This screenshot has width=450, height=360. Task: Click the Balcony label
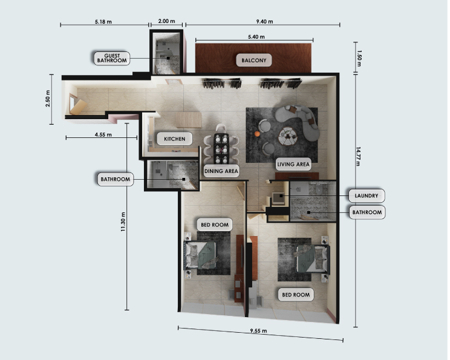(254, 61)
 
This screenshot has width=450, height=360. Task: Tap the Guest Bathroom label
(112, 58)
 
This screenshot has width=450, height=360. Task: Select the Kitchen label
(174, 139)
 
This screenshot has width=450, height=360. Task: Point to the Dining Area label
(221, 171)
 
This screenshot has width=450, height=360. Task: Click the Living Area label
(293, 164)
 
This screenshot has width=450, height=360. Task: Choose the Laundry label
(367, 196)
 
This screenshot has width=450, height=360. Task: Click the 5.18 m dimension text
(103, 22)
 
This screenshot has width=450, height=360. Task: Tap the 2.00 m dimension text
(166, 21)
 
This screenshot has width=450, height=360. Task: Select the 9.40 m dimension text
(264, 22)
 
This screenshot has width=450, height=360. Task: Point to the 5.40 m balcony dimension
(256, 37)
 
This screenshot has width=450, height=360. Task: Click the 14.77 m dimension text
(358, 157)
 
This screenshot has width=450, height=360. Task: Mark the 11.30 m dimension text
(123, 222)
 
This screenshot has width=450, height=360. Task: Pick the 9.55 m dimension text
(258, 331)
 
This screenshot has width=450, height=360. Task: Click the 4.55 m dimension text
(103, 134)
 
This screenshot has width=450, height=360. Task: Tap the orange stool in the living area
(257, 134)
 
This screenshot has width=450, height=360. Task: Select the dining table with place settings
(221, 148)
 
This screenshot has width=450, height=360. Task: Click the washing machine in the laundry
(278, 198)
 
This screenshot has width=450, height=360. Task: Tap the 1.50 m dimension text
(359, 58)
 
